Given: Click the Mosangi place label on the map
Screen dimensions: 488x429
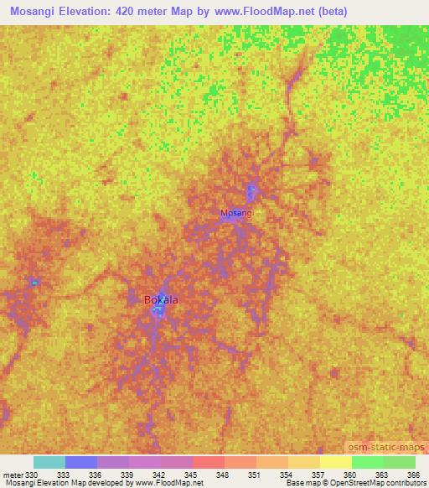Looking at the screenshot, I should click(236, 213).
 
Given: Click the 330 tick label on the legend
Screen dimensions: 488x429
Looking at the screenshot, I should click(32, 475).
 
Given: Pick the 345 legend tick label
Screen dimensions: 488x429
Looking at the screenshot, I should click(192, 475).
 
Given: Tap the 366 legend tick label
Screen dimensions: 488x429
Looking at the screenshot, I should click(415, 475).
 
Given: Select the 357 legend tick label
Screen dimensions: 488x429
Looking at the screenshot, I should click(319, 475).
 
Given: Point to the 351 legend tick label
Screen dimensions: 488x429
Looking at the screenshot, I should click(256, 475).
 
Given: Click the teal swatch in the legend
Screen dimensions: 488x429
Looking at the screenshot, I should click(49, 462).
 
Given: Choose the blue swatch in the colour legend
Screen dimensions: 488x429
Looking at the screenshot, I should click(80, 462).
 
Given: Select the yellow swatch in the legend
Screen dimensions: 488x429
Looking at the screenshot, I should click(335, 462).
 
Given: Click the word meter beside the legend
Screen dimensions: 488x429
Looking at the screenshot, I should click(13, 475).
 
